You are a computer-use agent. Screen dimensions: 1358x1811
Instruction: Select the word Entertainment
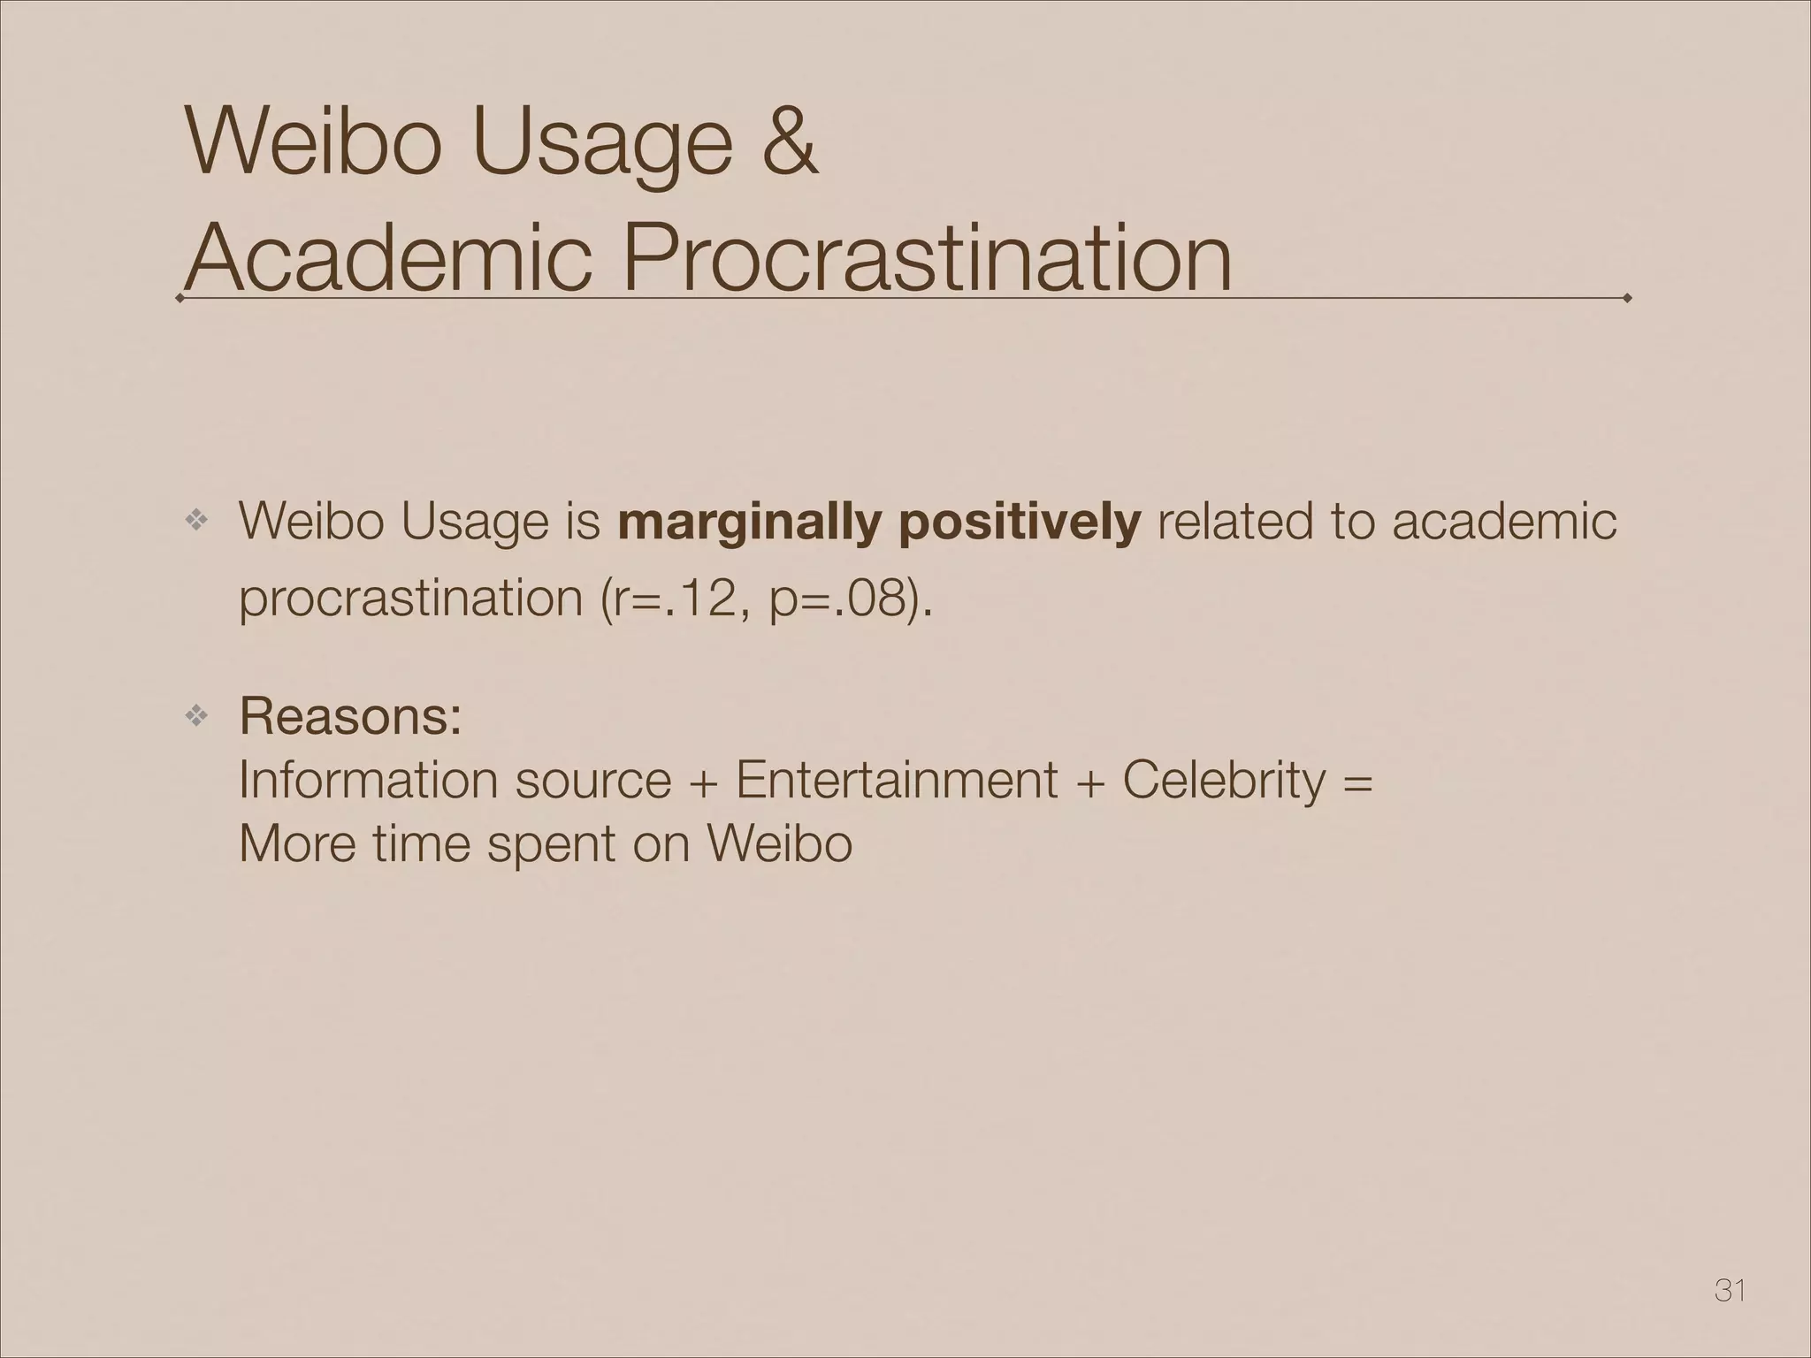click(x=896, y=780)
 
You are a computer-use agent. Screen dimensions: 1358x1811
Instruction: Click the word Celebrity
click(x=1224, y=780)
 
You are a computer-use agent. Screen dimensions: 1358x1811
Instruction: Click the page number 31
click(x=1730, y=1291)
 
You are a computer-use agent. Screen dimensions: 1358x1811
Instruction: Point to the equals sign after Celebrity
click(x=1357, y=782)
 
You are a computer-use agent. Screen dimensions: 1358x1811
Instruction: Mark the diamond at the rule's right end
click(x=1627, y=299)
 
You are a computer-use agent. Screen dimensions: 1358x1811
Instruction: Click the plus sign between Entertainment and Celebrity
click(x=1089, y=782)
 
